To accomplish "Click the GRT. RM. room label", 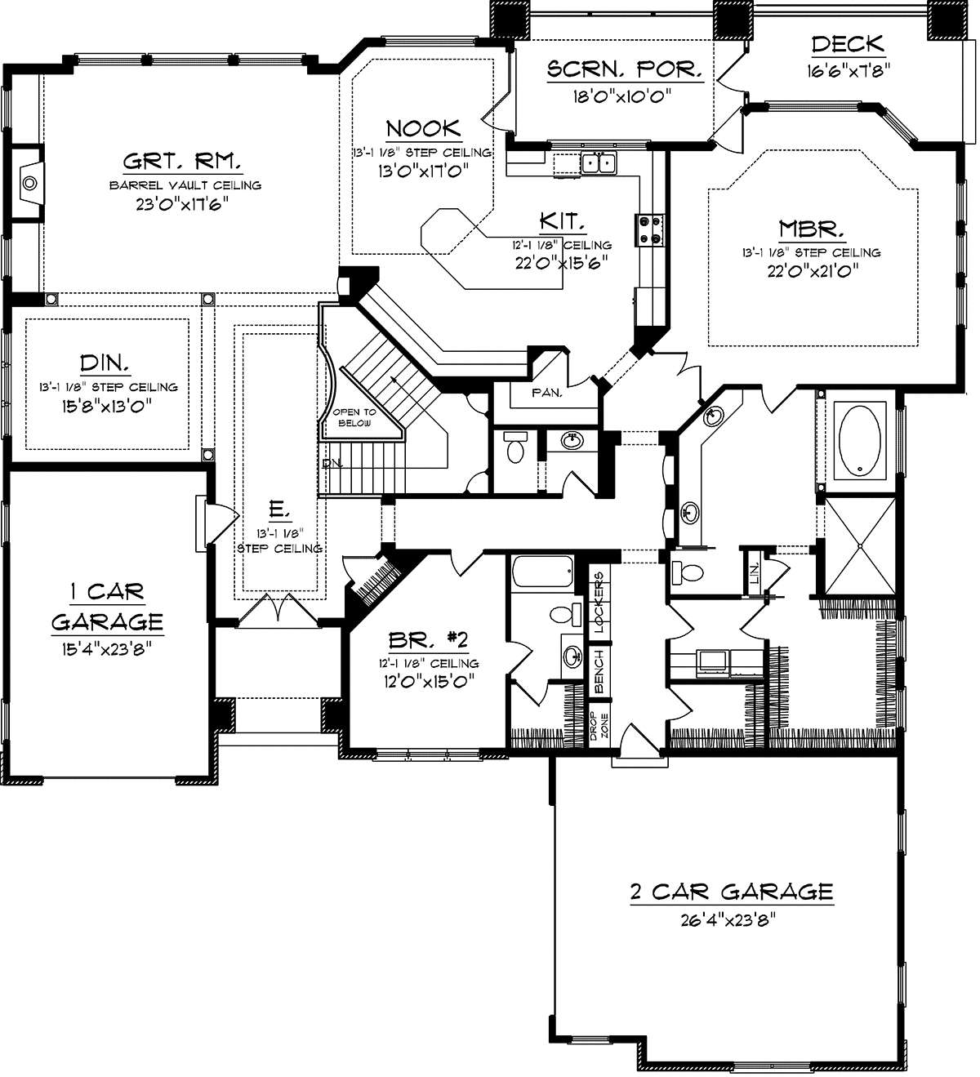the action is click(x=183, y=161).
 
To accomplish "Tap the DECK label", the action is click(x=848, y=44).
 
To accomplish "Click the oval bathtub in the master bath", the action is click(x=859, y=440).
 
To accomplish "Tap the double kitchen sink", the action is click(x=598, y=162).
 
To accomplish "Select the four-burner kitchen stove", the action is click(x=651, y=229).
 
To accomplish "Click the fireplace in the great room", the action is click(x=27, y=182).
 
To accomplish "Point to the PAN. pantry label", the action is click(x=546, y=393).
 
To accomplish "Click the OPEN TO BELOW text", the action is click(x=354, y=418).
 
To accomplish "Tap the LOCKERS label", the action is click(x=599, y=601).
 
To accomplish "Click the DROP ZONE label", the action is click(x=599, y=726).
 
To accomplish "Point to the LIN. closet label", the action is click(x=755, y=574).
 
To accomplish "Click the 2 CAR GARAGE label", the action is click(x=732, y=892).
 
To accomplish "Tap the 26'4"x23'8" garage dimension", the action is click(x=729, y=920).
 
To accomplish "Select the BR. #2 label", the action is click(x=428, y=639).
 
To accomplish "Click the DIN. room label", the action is click(x=105, y=363).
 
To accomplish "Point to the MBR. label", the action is click(x=812, y=229).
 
